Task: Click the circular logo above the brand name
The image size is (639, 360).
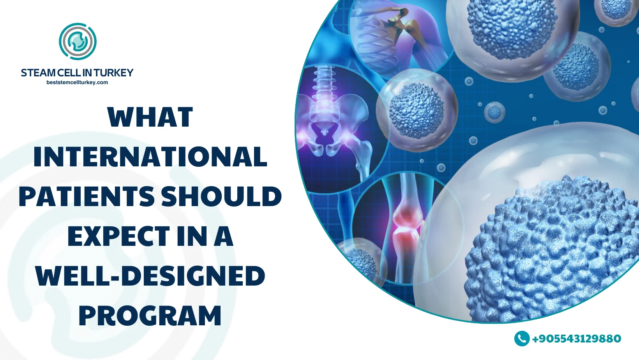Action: click(x=78, y=41)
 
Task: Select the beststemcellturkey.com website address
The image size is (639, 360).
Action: click(x=77, y=83)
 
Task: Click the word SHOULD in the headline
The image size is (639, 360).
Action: click(x=222, y=196)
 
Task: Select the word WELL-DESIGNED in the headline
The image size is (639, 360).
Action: click(x=150, y=276)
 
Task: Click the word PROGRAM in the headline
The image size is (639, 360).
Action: click(x=150, y=316)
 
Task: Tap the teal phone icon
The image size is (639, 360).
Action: click(x=522, y=339)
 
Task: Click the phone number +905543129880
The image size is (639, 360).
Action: click(x=577, y=339)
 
